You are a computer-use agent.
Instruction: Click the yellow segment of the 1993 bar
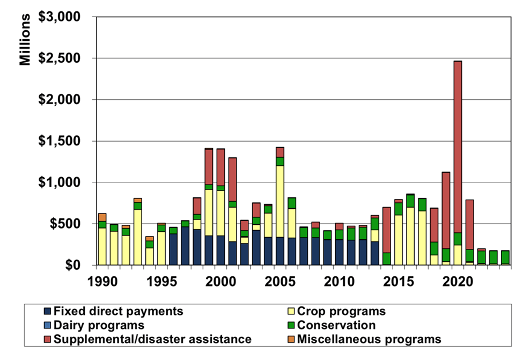tap(138, 237)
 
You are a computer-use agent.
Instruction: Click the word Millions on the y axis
tap(26, 40)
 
